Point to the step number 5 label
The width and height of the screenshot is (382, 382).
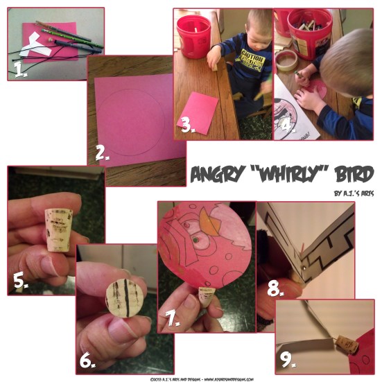(x=21, y=281)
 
